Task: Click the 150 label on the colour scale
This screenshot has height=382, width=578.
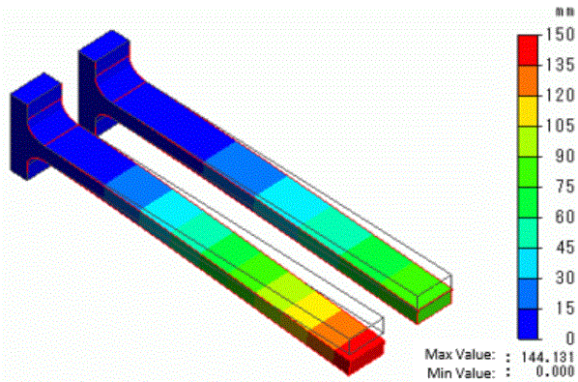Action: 560,34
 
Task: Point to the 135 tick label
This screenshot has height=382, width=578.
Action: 560,65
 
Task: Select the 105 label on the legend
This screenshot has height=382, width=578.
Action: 560,126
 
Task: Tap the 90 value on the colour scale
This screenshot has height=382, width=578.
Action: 564,156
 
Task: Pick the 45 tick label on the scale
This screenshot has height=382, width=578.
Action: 564,247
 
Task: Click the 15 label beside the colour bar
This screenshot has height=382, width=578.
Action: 564,308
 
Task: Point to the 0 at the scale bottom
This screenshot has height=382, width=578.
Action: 570,338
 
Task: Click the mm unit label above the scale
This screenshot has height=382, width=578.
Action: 564,13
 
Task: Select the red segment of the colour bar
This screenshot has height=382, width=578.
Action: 528,50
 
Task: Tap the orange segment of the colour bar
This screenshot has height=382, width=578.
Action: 528,80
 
